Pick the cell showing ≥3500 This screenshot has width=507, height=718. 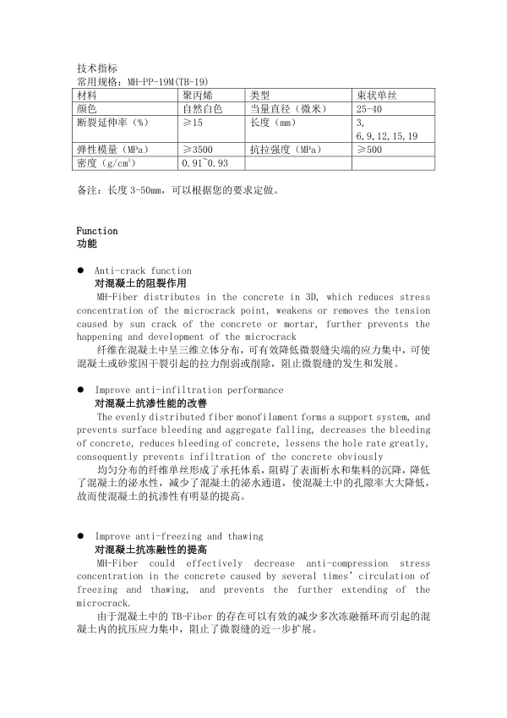tap(198, 150)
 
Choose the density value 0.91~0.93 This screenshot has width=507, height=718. tap(205, 163)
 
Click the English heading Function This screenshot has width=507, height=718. tap(97, 231)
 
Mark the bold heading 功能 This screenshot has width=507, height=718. tap(86, 244)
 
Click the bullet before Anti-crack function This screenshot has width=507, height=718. tap(79, 271)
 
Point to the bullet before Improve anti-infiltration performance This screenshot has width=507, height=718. tap(79, 390)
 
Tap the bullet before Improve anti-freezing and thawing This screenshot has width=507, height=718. tap(79, 536)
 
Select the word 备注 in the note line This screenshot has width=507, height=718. tap(87, 190)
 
